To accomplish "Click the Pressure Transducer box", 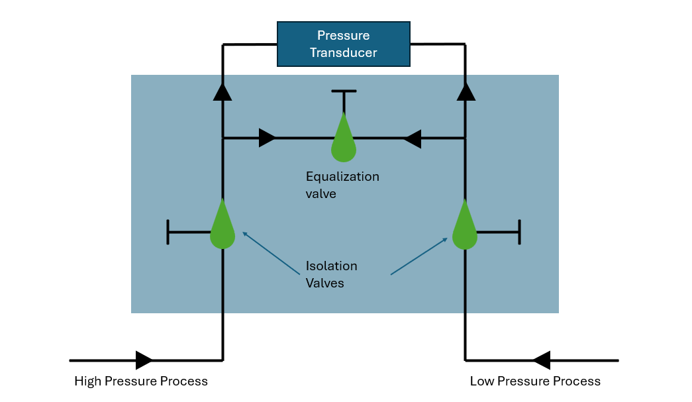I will pyautogui.click(x=343, y=44).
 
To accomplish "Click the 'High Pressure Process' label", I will pyautogui.click(x=141, y=381).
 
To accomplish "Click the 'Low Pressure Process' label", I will pyautogui.click(x=535, y=381).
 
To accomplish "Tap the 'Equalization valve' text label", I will pyautogui.click(x=342, y=185).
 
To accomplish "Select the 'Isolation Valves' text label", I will pyautogui.click(x=331, y=274).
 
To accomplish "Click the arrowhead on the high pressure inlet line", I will pyautogui.click(x=144, y=360).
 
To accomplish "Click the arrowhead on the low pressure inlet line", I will pyautogui.click(x=542, y=360).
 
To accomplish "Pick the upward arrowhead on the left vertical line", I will pyautogui.click(x=222, y=92).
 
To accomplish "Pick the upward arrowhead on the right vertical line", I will pyautogui.click(x=466, y=92).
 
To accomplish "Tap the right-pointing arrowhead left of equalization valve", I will pyautogui.click(x=267, y=138).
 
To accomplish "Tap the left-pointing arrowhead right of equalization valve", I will pyautogui.click(x=412, y=138).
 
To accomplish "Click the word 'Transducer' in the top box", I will pyautogui.click(x=343, y=52).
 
